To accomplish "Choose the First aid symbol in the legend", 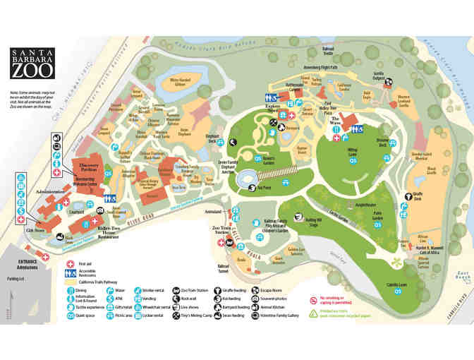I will pos(71,263).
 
